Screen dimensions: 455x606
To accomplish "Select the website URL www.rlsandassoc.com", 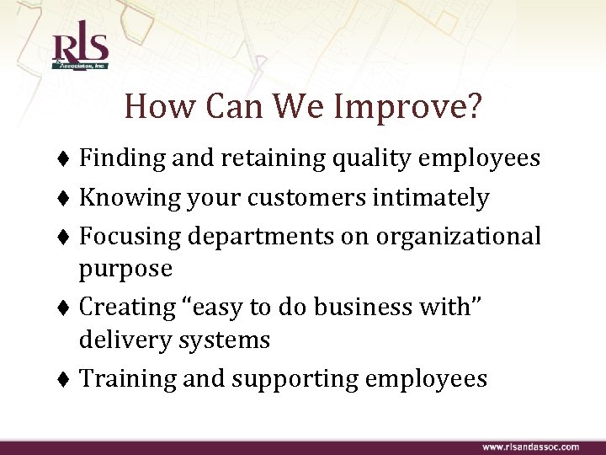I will click(529, 446).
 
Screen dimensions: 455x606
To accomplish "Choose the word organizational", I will click(459, 237).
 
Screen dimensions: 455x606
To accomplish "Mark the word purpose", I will click(125, 270).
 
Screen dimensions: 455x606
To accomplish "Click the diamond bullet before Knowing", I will click(66, 199).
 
